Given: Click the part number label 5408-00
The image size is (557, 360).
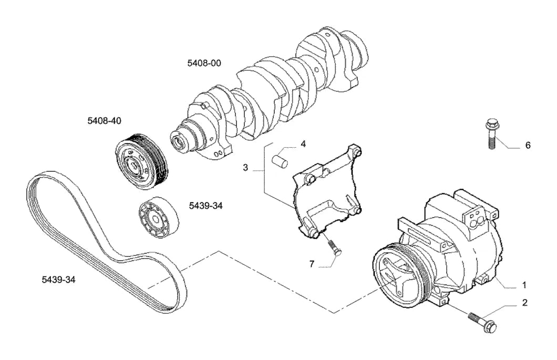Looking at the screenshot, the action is [204, 63].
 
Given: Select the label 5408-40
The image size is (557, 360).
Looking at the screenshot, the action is [105, 121].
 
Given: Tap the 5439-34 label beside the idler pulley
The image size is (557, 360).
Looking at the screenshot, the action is [205, 206].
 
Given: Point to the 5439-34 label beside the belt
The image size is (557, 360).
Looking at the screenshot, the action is [59, 280].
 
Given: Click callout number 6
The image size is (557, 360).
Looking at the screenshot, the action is [528, 146].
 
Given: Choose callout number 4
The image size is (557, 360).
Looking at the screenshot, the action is [303, 144].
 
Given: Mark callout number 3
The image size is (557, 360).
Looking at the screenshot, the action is [245, 167].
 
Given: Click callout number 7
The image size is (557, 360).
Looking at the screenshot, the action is [312, 264].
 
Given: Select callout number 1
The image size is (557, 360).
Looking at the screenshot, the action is [524, 285].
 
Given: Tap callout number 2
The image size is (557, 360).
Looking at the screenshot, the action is [525, 303].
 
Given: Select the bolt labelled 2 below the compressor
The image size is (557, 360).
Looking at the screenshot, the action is [482, 322].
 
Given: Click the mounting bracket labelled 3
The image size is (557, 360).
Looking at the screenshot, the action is [327, 192].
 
